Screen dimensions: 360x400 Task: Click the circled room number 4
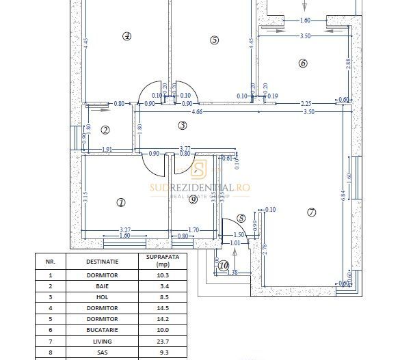(x=126, y=36)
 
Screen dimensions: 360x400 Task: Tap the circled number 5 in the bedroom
(x=214, y=40)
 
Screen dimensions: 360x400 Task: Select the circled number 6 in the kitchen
(x=303, y=64)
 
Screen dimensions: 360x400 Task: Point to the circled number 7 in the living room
(x=312, y=212)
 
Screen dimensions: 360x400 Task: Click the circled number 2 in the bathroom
(x=105, y=130)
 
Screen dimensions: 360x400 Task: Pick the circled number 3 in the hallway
(x=182, y=125)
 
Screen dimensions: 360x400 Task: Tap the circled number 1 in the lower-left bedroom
(x=121, y=202)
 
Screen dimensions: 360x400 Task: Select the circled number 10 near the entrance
(x=224, y=266)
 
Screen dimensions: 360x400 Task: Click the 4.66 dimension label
(x=197, y=111)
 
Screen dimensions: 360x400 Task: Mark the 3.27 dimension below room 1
(x=125, y=230)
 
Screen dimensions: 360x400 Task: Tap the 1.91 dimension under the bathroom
(x=107, y=149)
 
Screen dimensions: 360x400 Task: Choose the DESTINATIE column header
(x=102, y=261)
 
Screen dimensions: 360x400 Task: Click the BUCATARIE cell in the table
(x=102, y=330)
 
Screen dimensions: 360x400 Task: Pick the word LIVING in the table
(x=102, y=342)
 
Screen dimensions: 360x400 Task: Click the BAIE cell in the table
(x=102, y=286)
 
